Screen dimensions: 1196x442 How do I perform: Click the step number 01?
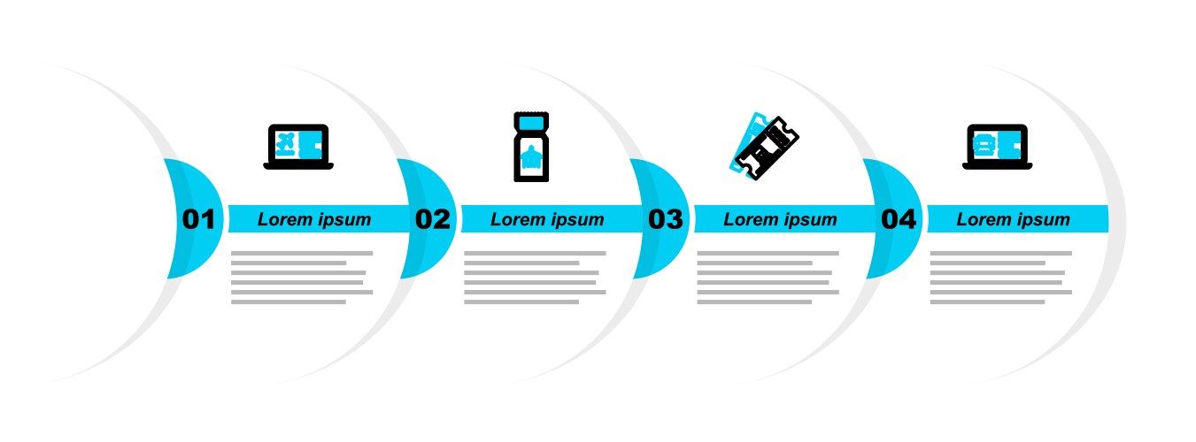click(198, 219)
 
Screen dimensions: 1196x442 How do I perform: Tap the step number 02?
click(433, 219)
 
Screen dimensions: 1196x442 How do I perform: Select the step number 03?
click(665, 219)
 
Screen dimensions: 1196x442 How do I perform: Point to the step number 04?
click(899, 219)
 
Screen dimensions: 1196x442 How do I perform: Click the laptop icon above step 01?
click(298, 147)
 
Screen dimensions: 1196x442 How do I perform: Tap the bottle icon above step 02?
click(531, 147)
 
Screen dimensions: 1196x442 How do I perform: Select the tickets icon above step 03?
click(764, 147)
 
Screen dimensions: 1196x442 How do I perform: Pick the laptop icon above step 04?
click(998, 147)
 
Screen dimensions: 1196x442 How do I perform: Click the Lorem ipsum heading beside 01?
click(314, 219)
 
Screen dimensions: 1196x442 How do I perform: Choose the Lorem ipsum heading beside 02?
click(547, 219)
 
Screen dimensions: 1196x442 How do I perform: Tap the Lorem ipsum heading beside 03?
click(780, 219)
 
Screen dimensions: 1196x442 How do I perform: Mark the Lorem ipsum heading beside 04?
click(1013, 219)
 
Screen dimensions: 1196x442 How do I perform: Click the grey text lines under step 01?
click(302, 278)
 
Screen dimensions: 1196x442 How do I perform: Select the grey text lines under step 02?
click(535, 278)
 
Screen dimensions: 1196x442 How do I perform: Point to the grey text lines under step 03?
click(768, 278)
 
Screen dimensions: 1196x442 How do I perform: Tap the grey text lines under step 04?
click(1001, 278)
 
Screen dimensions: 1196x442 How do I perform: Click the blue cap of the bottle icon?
click(531, 123)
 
